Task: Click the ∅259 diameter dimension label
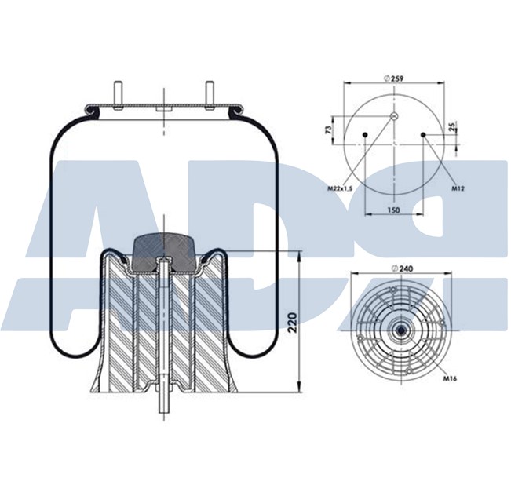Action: click(x=393, y=78)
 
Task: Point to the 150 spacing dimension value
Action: click(x=395, y=211)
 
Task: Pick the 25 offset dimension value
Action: click(x=453, y=127)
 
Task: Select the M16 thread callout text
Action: click(x=450, y=378)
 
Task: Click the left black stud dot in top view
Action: click(x=366, y=135)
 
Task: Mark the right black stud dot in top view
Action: click(x=423, y=135)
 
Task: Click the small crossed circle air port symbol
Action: click(x=395, y=117)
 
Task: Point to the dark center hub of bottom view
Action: click(x=400, y=330)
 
